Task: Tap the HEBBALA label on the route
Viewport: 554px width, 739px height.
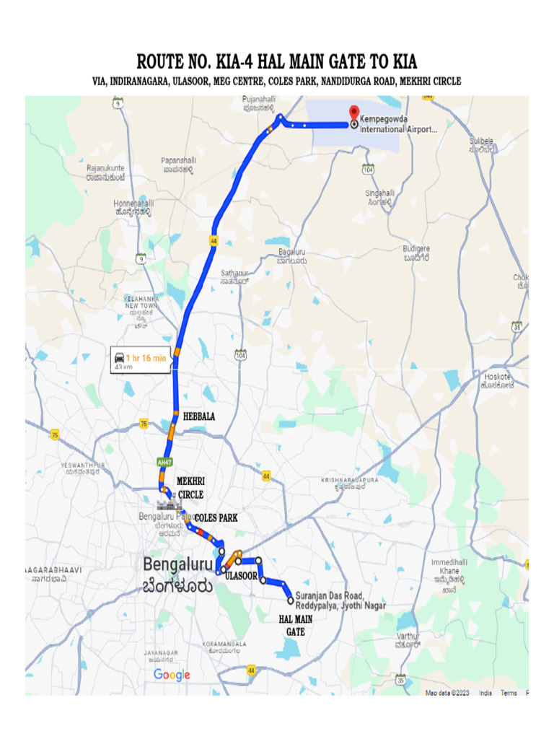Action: point(199,416)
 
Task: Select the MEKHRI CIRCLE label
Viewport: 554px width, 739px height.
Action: point(190,487)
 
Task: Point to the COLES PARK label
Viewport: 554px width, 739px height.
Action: point(216,518)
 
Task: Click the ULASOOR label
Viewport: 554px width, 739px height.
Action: point(241,576)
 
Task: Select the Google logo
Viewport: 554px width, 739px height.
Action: point(172,675)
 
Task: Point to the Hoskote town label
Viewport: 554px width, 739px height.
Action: point(498,380)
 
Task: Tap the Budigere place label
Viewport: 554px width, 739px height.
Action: point(417,253)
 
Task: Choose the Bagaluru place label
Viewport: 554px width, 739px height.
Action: point(293,256)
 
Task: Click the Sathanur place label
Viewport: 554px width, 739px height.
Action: point(234,277)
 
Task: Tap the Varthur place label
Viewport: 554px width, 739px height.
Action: point(408,639)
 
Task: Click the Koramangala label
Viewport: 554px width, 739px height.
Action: point(226,647)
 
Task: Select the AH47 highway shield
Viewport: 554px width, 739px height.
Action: point(164,462)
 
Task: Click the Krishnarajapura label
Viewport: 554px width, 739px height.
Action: point(349,482)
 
